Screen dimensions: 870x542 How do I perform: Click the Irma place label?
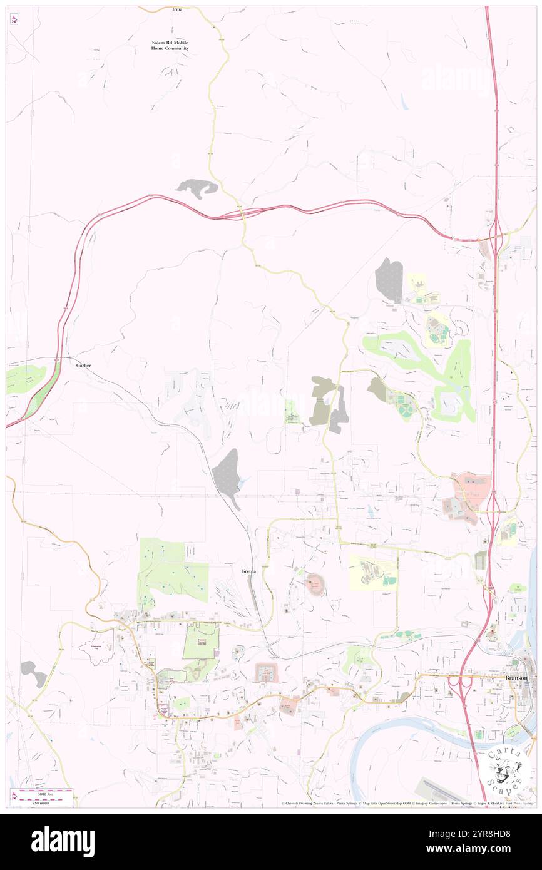click(x=177, y=9)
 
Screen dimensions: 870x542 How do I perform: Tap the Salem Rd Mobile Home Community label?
click(x=170, y=45)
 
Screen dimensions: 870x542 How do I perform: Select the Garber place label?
click(x=84, y=365)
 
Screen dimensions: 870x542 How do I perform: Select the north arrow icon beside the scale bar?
click(x=14, y=797)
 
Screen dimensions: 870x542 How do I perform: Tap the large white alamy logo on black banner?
click(x=63, y=841)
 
